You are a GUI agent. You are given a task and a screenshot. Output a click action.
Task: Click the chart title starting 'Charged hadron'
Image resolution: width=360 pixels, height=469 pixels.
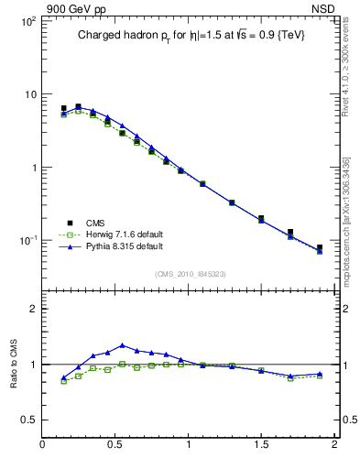(x=190, y=35)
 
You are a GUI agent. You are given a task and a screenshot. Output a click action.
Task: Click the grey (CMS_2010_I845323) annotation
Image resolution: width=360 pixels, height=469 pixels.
(x=189, y=274)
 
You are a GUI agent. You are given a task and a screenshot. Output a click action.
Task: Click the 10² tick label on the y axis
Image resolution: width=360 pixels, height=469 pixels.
(x=27, y=21)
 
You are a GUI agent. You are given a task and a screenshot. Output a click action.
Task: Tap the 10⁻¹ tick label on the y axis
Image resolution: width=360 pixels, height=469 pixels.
(x=26, y=241)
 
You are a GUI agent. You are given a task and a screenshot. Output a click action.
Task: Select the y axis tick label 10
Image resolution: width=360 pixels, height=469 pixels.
(x=28, y=94)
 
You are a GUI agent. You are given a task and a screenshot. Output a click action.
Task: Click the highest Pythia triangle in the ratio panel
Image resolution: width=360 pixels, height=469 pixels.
(x=122, y=345)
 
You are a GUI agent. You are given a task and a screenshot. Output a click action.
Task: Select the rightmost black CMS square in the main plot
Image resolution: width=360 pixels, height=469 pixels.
(x=320, y=247)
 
